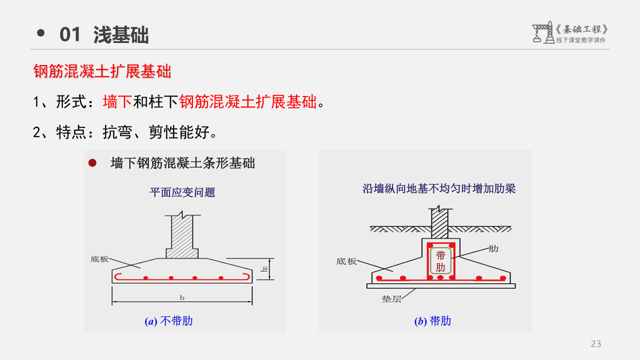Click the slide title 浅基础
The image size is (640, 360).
121,35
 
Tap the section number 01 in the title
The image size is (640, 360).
70,35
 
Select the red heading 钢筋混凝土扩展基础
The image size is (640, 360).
102,72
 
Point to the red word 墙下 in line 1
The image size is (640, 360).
117,102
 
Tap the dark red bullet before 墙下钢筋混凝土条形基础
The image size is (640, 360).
92,163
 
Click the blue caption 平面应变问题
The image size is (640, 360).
182,192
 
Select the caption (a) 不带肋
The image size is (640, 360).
168,321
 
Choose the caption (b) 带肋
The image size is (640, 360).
432,321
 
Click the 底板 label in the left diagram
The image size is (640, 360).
99,259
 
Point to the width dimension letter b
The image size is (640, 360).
182,298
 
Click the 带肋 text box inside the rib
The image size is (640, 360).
440,261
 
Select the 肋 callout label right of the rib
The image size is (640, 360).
493,248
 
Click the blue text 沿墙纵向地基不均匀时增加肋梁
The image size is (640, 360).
439,188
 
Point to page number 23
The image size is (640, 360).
596,344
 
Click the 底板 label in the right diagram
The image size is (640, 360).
346,261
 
